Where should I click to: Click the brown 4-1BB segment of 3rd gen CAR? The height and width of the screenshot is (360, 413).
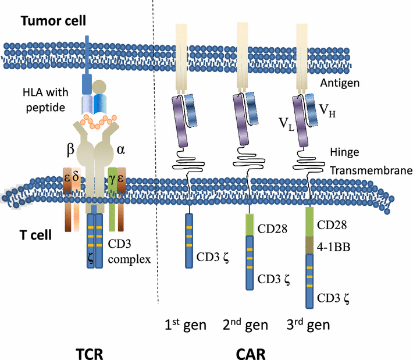point(312,245)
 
